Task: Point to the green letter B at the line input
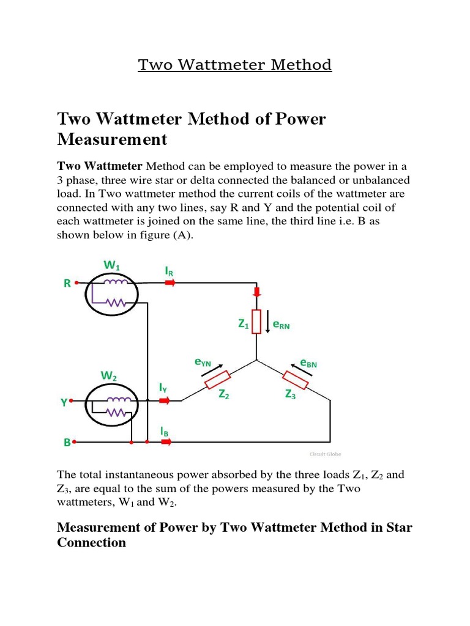tap(67, 441)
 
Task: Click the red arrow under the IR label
tap(170, 283)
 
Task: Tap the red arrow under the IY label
tap(164, 401)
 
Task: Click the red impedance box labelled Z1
tap(256, 322)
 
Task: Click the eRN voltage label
tap(281, 326)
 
